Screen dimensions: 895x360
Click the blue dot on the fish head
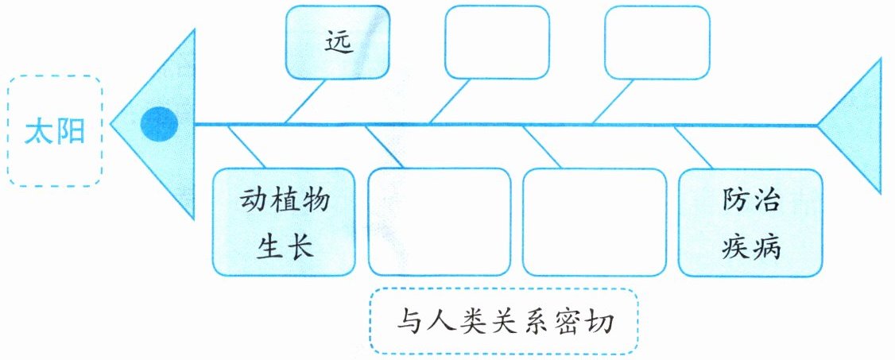[x=159, y=124]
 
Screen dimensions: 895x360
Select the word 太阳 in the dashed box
[x=55, y=130]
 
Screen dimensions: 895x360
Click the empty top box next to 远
[x=497, y=41]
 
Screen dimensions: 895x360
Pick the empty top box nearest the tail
[x=657, y=41]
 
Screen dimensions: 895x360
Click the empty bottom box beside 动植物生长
[x=440, y=221]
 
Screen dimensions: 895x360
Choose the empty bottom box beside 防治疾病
[x=595, y=221]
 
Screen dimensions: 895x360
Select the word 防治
[x=750, y=199]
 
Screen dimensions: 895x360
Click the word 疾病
[x=750, y=247]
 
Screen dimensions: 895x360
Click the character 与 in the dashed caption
[x=408, y=323]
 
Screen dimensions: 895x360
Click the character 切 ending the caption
[x=599, y=323]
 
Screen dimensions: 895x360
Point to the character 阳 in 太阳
[x=71, y=130]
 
